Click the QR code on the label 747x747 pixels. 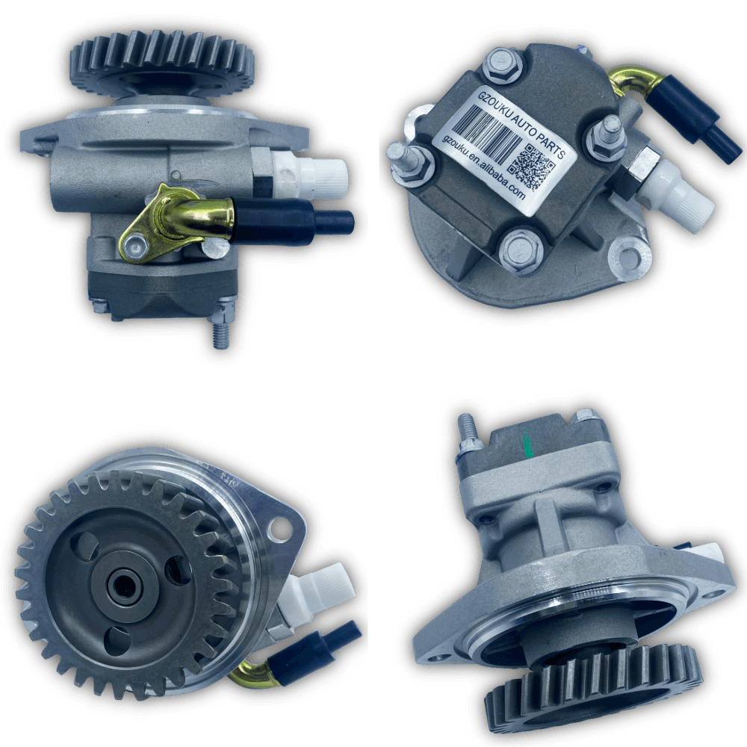532,166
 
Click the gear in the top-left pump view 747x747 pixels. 162,63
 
